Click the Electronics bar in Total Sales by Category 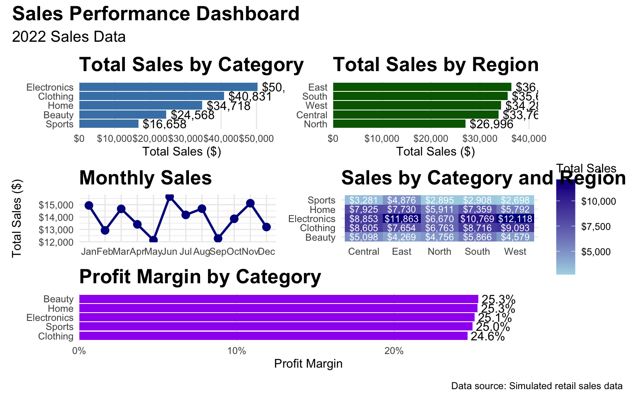click(x=168, y=87)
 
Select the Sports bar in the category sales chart click(x=109, y=124)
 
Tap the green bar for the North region click(x=399, y=124)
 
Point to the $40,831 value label click(x=250, y=97)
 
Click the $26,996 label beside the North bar click(x=492, y=124)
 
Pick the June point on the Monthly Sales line click(x=169, y=196)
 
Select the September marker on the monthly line click(x=218, y=238)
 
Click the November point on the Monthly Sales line click(x=250, y=203)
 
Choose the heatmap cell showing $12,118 click(x=515, y=218)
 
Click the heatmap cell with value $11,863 click(x=401, y=218)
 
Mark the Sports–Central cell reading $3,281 click(x=363, y=200)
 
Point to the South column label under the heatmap click(x=477, y=251)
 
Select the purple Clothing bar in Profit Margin click(x=273, y=336)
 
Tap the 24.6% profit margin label click(x=488, y=337)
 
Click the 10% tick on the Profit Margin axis click(x=236, y=351)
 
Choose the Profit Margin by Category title click(x=200, y=277)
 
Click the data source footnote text click(x=537, y=386)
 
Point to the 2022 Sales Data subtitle click(x=69, y=37)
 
